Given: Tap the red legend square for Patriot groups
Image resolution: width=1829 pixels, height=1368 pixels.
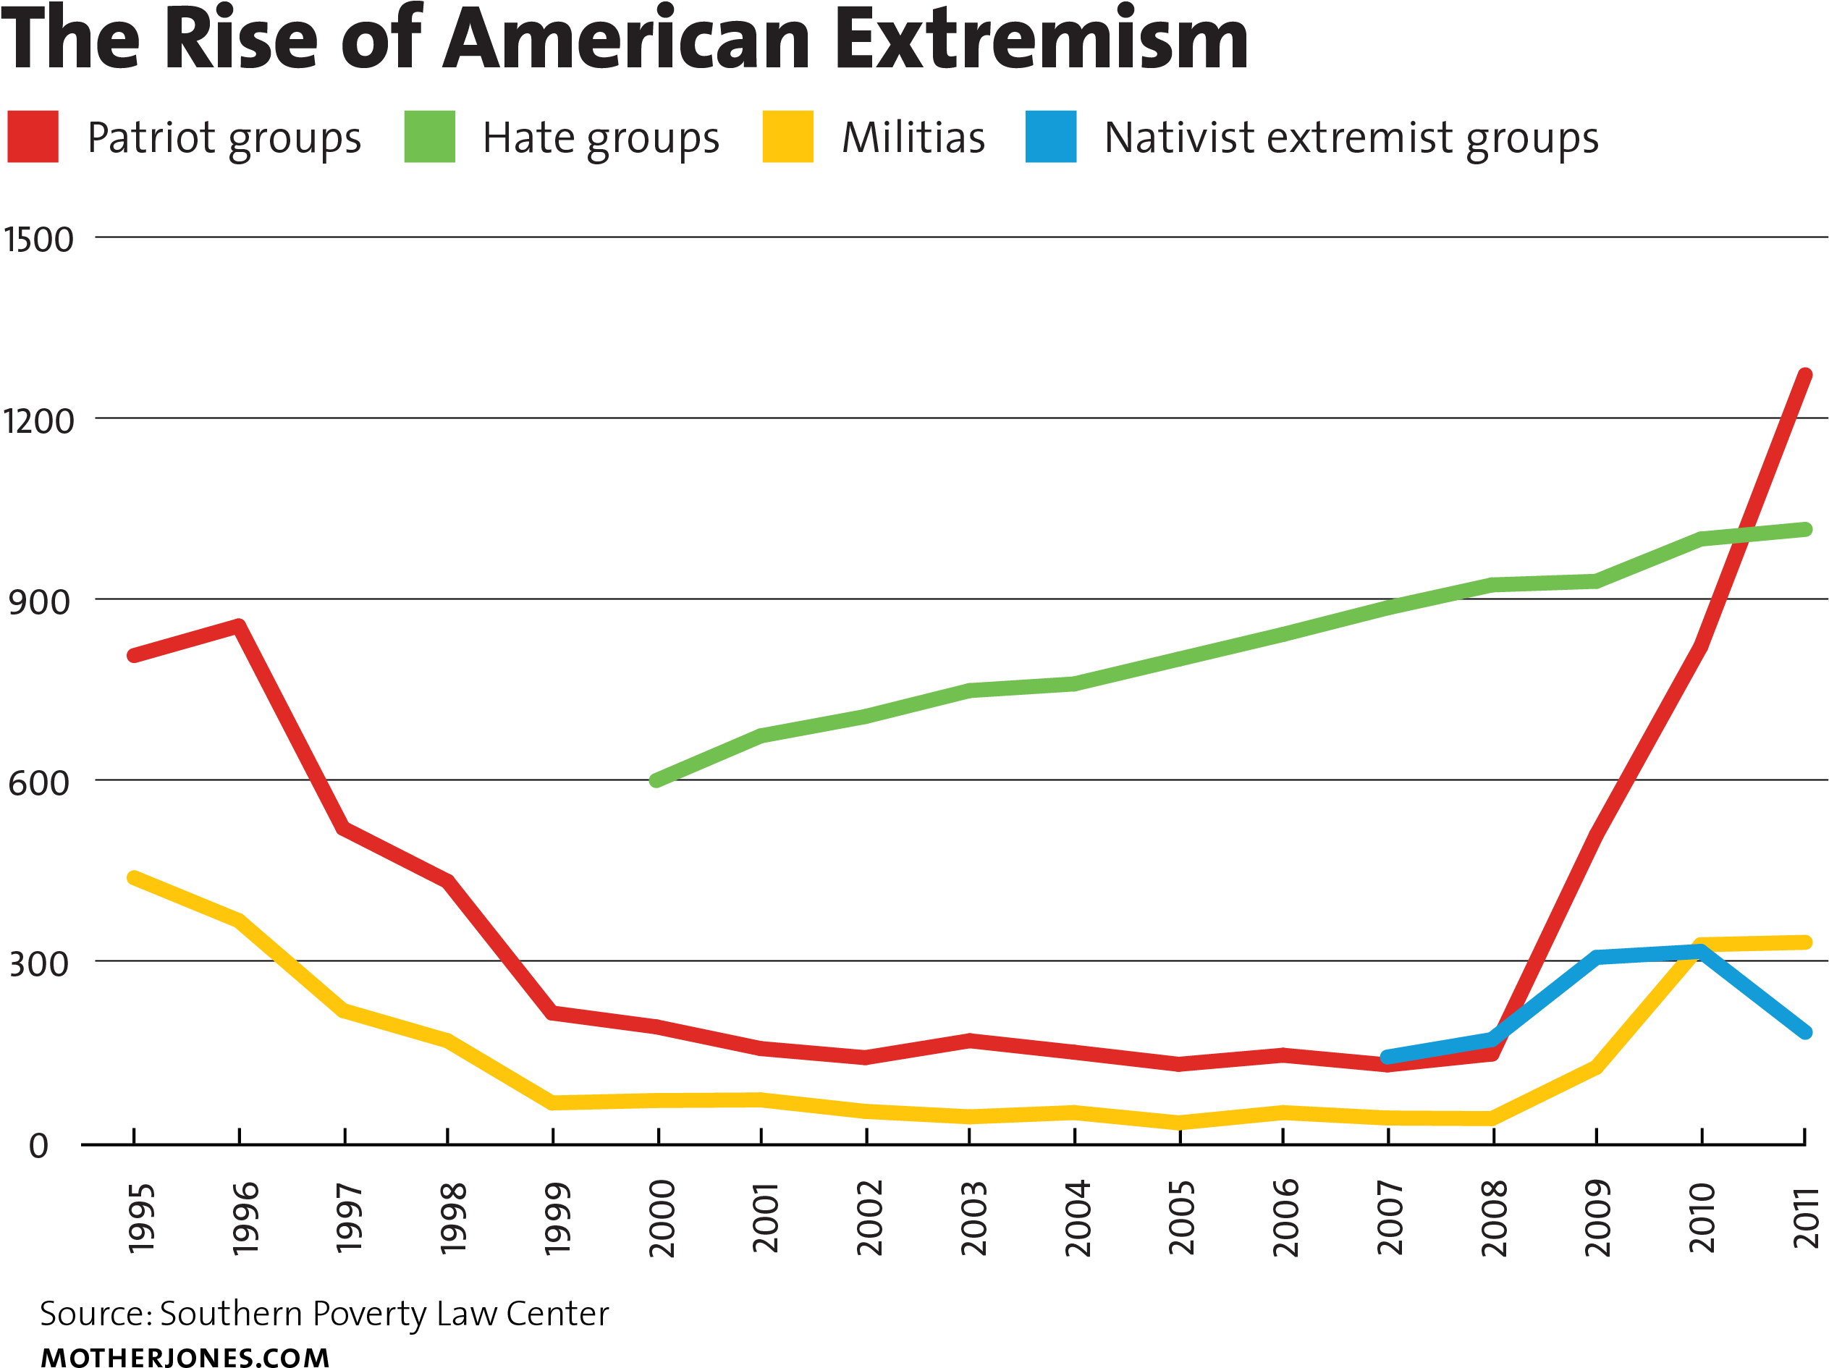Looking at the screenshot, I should pos(33,137).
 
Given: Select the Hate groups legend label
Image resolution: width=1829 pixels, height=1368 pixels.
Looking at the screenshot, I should pos(601,138).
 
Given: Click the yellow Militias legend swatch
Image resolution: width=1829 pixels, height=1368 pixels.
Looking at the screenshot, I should pos(787,137).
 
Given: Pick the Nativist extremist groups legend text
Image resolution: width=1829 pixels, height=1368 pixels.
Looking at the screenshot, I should pos(1351,138).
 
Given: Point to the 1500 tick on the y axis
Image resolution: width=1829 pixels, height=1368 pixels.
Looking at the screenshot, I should pos(38,240).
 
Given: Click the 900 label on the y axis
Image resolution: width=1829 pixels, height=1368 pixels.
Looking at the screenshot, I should pos(38,603).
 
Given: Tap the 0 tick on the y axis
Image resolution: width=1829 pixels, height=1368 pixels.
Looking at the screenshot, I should pos(38,1147).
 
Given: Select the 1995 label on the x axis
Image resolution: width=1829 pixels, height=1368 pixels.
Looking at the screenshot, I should pos(141,1219).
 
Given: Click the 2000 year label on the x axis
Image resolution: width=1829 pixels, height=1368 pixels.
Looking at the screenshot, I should pos(662,1219).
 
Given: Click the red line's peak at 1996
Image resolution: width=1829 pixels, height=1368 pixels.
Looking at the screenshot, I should pos(239,625).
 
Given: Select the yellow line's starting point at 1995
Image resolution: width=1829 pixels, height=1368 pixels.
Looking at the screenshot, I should pos(133,876).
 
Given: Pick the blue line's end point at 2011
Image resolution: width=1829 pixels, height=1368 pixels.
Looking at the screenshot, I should pos(1807,1033).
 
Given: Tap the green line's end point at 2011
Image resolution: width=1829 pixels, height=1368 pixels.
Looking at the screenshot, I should pos(1807,529).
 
